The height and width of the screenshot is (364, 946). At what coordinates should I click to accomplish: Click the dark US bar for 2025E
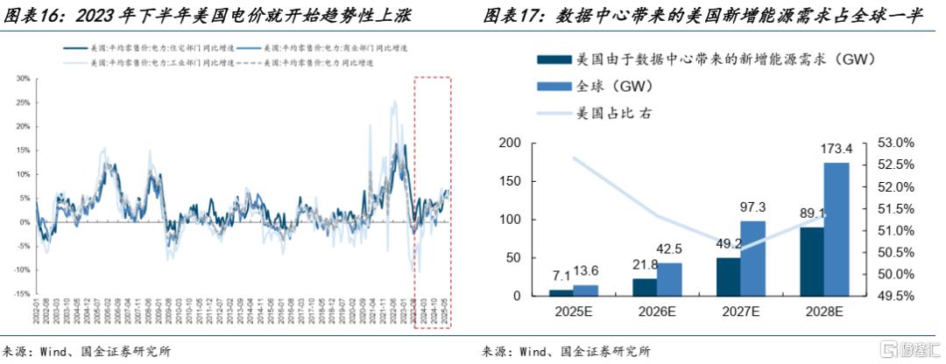pos(561,292)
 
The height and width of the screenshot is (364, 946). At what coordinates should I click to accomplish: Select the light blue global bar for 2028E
pos(837,229)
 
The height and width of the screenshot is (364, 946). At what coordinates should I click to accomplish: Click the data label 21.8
pos(645,264)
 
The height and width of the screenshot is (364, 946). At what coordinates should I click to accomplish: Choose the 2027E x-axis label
pos(741,312)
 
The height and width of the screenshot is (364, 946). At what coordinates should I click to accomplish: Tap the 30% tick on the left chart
pos(23,78)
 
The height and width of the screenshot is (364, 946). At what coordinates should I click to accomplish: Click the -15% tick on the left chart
pos(22,294)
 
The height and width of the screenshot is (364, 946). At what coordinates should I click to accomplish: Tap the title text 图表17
pos(514,15)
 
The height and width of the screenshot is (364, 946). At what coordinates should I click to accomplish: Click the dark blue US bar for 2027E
pos(728,276)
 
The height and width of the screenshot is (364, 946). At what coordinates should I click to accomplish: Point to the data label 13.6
pos(586,270)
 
